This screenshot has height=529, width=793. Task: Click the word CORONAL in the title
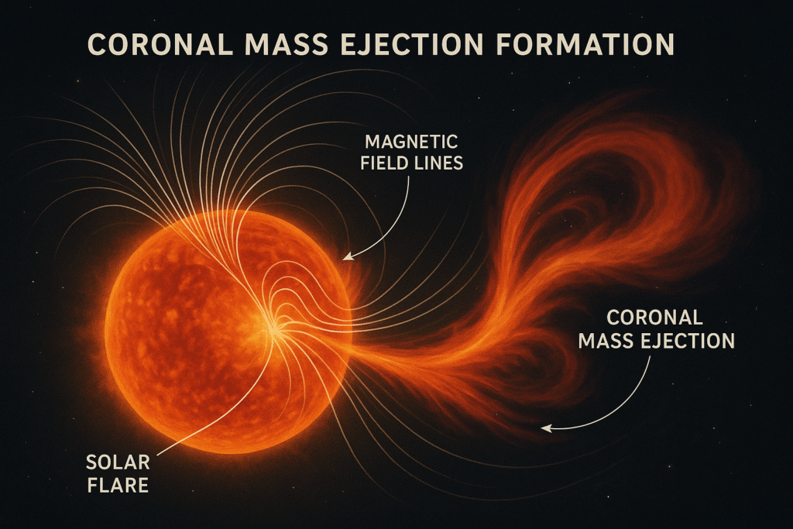click(x=160, y=44)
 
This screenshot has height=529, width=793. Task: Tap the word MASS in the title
click(x=287, y=44)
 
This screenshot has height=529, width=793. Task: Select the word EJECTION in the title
click(x=412, y=44)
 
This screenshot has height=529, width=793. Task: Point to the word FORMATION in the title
click(x=585, y=44)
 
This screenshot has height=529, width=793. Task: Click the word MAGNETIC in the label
click(x=411, y=142)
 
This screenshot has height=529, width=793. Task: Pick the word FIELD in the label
click(x=383, y=163)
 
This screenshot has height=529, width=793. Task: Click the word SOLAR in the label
click(x=118, y=462)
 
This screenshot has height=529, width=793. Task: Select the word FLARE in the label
click(x=118, y=486)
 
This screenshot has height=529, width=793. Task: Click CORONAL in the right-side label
click(x=654, y=318)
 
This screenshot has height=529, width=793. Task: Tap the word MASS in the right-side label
click(x=607, y=341)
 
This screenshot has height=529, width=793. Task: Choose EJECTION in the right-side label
click(x=688, y=341)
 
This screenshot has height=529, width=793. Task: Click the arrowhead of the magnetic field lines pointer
click(x=346, y=257)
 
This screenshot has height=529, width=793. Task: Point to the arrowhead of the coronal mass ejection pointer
click(x=544, y=428)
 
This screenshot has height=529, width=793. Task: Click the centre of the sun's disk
click(x=228, y=331)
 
